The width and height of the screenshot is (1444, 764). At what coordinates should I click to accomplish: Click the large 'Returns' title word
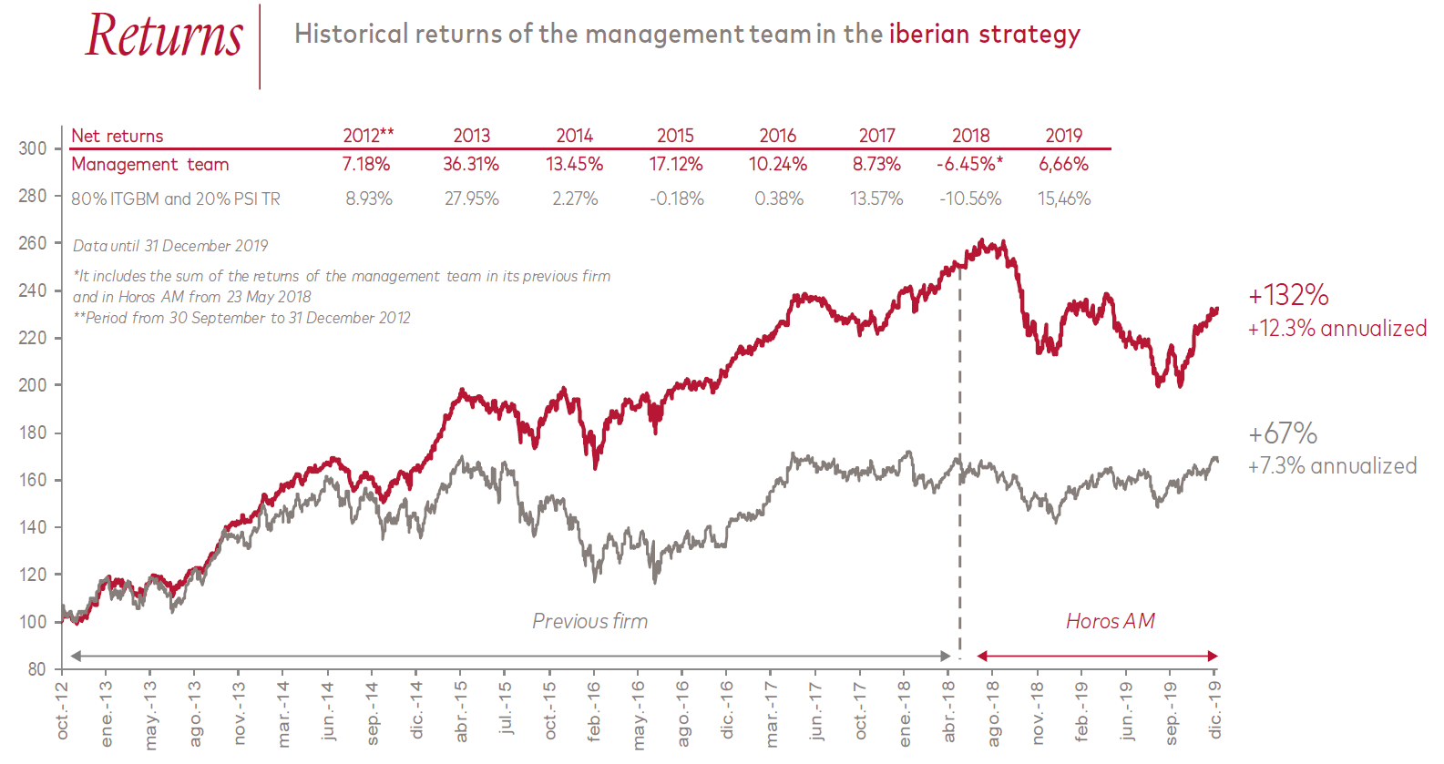164,36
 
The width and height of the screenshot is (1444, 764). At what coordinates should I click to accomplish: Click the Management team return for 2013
471,165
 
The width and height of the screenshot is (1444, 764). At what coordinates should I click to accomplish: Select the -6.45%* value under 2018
969,165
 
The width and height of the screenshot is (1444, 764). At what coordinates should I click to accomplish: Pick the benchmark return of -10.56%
970,199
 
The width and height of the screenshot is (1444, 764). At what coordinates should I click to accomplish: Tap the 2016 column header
777,136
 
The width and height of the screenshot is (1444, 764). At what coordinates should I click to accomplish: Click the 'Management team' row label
150,165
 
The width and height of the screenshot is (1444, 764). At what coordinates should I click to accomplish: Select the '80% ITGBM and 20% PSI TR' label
176,199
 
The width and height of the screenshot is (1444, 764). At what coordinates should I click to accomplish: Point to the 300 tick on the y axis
33,148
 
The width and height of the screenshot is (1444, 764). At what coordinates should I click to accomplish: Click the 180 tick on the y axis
33,433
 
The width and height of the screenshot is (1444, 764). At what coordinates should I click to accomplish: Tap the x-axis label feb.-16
594,711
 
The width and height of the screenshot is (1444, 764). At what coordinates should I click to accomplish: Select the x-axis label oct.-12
62,710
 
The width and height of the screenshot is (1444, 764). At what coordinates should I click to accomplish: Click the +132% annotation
1288,295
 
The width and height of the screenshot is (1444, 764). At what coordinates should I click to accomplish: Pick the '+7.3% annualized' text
1332,466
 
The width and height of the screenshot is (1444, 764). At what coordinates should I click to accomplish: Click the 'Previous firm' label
589,621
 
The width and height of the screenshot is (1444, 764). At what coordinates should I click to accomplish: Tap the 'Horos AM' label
1110,621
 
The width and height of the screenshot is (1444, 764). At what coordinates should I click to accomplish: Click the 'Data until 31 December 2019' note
170,246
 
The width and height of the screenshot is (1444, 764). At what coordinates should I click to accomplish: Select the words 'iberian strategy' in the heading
984,34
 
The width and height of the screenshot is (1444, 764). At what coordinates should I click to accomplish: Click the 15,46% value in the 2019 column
1063,199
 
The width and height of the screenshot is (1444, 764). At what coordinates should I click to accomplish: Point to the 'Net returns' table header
118,136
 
